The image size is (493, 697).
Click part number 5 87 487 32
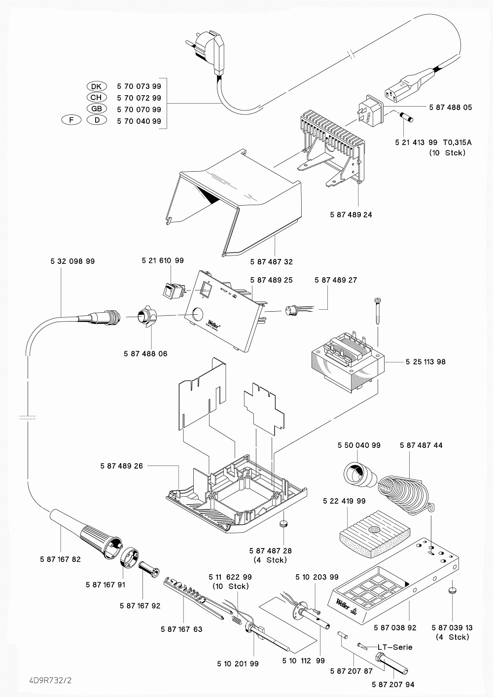(x=271, y=262)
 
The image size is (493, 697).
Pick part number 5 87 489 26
(x=121, y=466)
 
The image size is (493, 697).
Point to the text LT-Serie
(x=395, y=647)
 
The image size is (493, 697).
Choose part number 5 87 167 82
(x=60, y=559)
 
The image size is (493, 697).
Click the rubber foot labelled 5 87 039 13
(x=453, y=590)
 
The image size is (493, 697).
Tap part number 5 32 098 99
(x=72, y=261)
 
